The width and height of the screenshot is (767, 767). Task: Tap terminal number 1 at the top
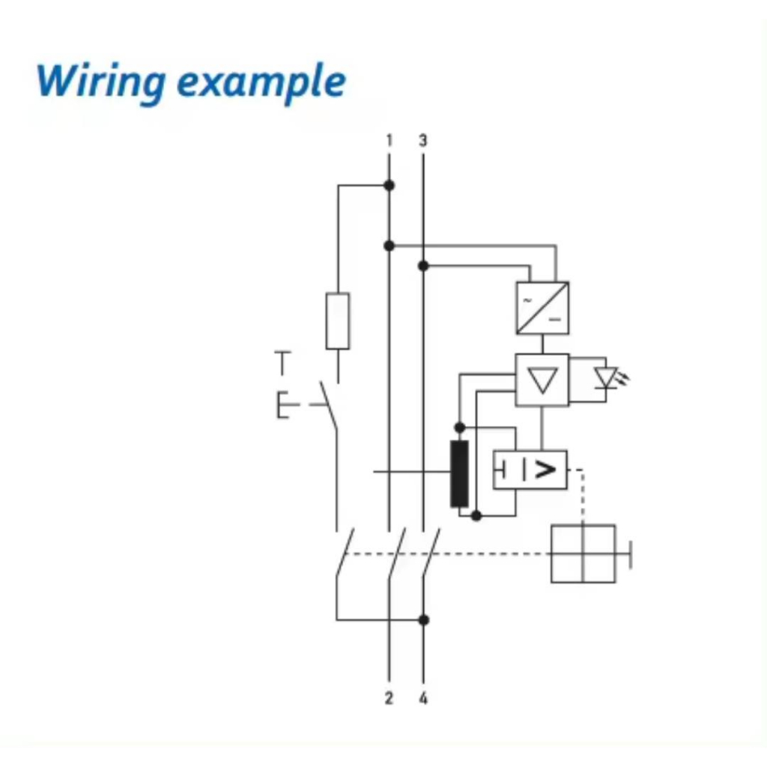pyautogui.click(x=389, y=140)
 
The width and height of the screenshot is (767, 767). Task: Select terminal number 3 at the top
pyautogui.click(x=423, y=140)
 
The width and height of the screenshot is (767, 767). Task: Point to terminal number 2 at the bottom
pyautogui.click(x=389, y=699)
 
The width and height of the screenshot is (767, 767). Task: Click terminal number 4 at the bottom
pyautogui.click(x=423, y=699)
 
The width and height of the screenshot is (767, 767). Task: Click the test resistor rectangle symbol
pyautogui.click(x=338, y=321)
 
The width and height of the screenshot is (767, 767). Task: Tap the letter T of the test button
pyautogui.click(x=282, y=363)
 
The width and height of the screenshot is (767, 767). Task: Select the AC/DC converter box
pyautogui.click(x=542, y=308)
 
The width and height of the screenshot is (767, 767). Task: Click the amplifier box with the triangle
pyautogui.click(x=542, y=380)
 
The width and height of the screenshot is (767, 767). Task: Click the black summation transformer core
pyautogui.click(x=459, y=473)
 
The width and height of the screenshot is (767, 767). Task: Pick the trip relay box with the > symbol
pyautogui.click(x=530, y=470)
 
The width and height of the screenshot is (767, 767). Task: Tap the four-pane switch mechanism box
pyautogui.click(x=583, y=554)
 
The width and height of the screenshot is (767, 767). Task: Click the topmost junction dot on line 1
pyautogui.click(x=389, y=185)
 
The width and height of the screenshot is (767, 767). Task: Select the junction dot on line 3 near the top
pyautogui.click(x=423, y=265)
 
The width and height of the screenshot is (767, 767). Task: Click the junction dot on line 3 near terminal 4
pyautogui.click(x=423, y=619)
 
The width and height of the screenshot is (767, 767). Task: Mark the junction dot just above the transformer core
pyautogui.click(x=460, y=427)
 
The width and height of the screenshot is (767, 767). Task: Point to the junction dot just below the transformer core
pyautogui.click(x=476, y=515)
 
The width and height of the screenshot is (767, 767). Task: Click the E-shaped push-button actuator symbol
pyautogui.click(x=283, y=405)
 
